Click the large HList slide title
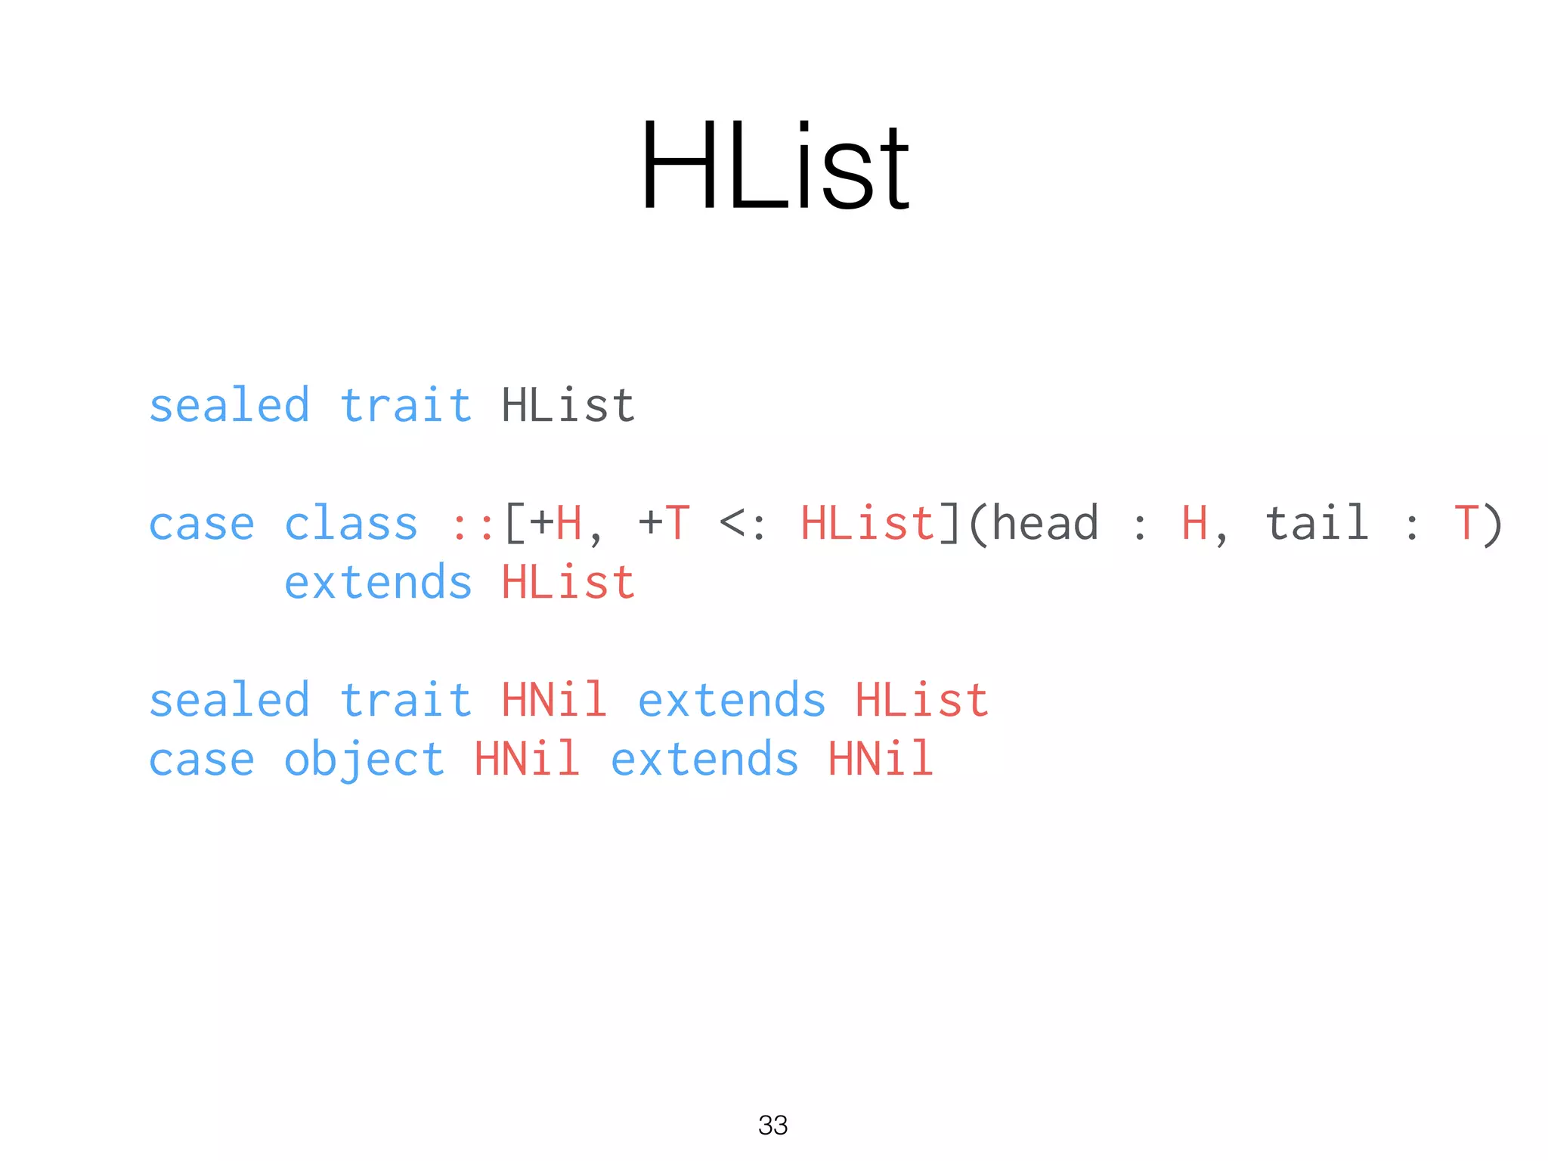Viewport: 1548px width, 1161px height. click(775, 166)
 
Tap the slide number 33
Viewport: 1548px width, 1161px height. click(772, 1125)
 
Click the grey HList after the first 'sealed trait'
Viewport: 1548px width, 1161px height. click(568, 406)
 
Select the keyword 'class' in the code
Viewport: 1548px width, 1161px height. click(351, 524)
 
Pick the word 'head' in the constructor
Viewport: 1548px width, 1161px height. click(1045, 523)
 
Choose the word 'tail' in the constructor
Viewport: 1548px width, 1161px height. click(1317, 523)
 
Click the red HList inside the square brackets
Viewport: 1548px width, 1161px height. click(868, 524)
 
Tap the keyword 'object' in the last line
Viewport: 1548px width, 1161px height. click(364, 760)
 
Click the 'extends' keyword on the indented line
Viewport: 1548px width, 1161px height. click(378, 583)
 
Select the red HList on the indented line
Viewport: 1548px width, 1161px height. click(568, 583)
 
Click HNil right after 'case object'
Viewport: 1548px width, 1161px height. click(527, 759)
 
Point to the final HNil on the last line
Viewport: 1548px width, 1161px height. click(881, 759)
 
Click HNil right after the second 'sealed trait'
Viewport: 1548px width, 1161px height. click(554, 700)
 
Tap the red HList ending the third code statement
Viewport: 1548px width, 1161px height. click(921, 700)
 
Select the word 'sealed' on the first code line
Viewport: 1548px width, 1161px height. click(229, 406)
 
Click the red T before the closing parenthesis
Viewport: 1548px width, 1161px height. click(1466, 523)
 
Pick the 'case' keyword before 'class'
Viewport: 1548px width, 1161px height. click(201, 525)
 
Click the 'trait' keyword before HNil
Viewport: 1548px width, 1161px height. click(405, 700)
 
